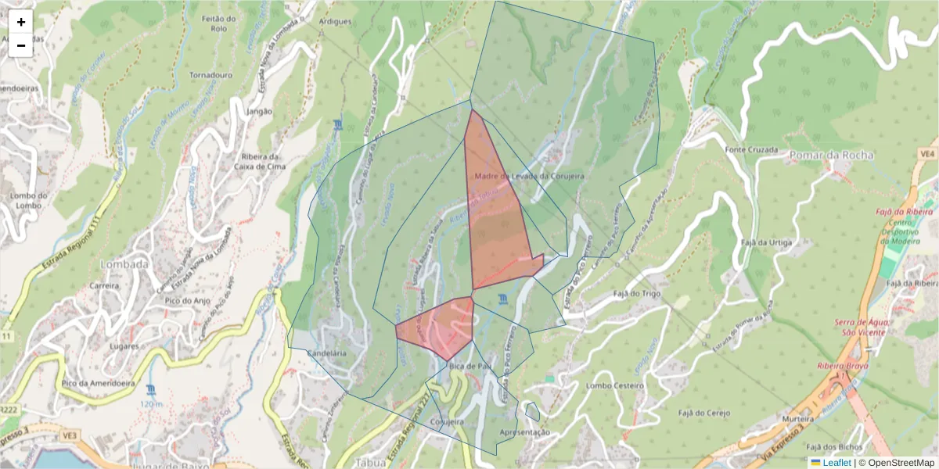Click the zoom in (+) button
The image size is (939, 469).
pos(21,22)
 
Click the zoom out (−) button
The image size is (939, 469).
pos(21,45)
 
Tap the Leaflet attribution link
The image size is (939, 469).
pos(836,463)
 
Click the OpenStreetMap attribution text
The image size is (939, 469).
pos(901,463)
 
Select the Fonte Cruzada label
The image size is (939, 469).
pos(751,149)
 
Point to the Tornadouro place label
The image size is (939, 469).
pos(211,76)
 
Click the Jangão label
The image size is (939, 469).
pos(259,111)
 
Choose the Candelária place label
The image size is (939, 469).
pos(328,353)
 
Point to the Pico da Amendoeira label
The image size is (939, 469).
pos(99,383)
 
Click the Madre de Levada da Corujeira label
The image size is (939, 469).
pos(530,177)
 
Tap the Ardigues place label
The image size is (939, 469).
pos(336,22)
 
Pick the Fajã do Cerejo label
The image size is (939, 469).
pos(703,413)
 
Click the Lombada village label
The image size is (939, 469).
pos(124,264)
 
